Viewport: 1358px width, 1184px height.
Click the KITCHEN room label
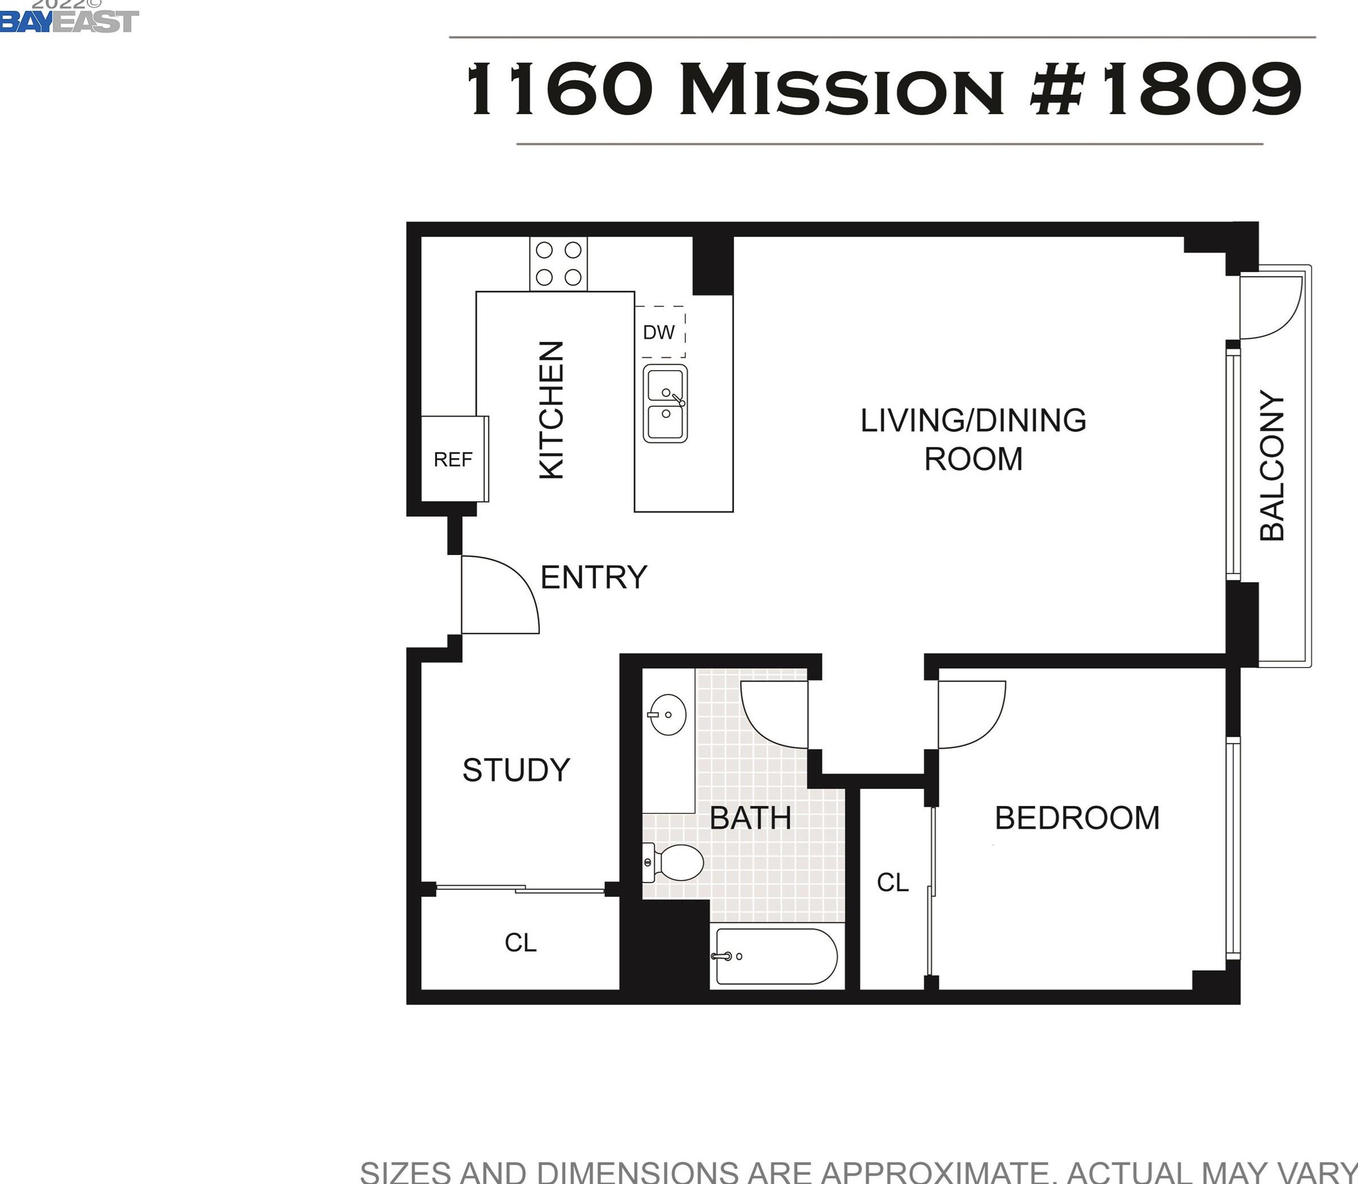[552, 410]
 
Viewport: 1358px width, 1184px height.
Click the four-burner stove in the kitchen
[558, 263]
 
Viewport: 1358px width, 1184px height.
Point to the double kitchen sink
[665, 403]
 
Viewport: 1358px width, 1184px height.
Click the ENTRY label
[594, 577]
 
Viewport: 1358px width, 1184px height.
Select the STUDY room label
[516, 770]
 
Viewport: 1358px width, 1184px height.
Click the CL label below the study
[520, 943]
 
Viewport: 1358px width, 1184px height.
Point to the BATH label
[750, 818]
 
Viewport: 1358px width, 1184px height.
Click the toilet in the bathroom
[673, 862]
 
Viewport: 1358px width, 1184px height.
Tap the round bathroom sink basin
[668, 714]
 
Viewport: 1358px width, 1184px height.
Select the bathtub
[777, 956]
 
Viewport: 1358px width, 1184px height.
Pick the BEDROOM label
[1077, 818]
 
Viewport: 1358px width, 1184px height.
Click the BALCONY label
[1272, 465]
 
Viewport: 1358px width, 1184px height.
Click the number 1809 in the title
[1201, 89]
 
